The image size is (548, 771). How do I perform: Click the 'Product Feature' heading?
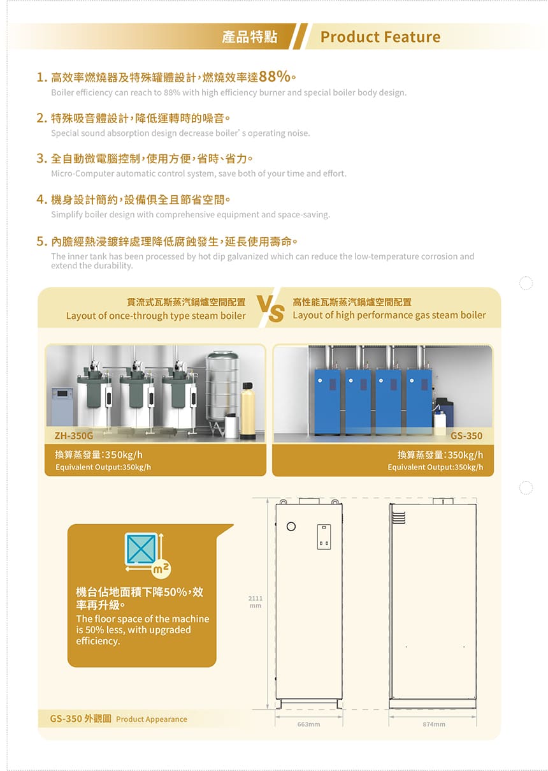coord(380,37)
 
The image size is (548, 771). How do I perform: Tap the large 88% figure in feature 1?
coord(275,77)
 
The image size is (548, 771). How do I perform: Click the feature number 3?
coord(41,158)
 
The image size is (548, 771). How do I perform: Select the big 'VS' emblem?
coord(270,309)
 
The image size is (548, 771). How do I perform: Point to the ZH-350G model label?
coord(74,436)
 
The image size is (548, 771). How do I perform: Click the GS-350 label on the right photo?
coord(466,436)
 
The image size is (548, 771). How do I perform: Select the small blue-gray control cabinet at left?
coord(62,406)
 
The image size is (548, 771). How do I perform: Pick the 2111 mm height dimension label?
coord(256,602)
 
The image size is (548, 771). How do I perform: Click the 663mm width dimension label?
coord(308,724)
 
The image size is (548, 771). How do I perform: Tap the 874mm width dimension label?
coord(434,724)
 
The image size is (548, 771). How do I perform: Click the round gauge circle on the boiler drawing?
coord(291,526)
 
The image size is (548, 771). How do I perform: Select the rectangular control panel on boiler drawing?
coord(324,536)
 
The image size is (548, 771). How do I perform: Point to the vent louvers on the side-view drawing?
coord(399,517)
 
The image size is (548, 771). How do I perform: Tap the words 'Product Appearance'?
coord(152,719)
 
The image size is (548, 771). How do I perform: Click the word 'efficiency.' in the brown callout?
coord(98,642)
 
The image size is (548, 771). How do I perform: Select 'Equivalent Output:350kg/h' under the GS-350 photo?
coord(435,467)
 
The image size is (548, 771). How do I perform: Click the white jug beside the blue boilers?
coord(440,420)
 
